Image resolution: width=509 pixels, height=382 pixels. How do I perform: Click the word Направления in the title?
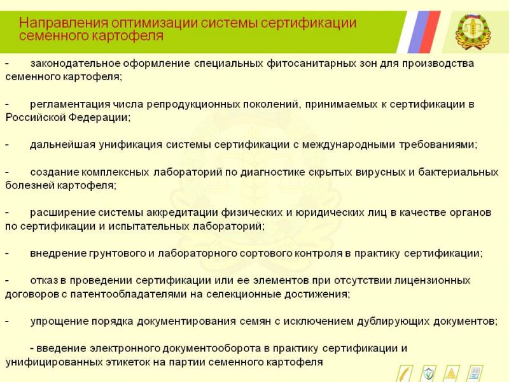click(x=64, y=24)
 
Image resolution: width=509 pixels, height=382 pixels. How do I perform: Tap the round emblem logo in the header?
click(x=473, y=32)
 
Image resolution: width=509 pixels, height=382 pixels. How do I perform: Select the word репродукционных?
click(x=193, y=104)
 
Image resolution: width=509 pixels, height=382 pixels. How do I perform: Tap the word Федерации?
click(x=99, y=118)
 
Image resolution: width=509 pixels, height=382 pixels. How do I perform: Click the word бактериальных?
click(x=458, y=172)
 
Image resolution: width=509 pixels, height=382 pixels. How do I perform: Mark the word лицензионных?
click(x=432, y=281)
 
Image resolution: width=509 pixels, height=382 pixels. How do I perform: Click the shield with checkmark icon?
click(x=428, y=374)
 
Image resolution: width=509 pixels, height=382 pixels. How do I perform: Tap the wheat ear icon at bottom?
click(x=405, y=374)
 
